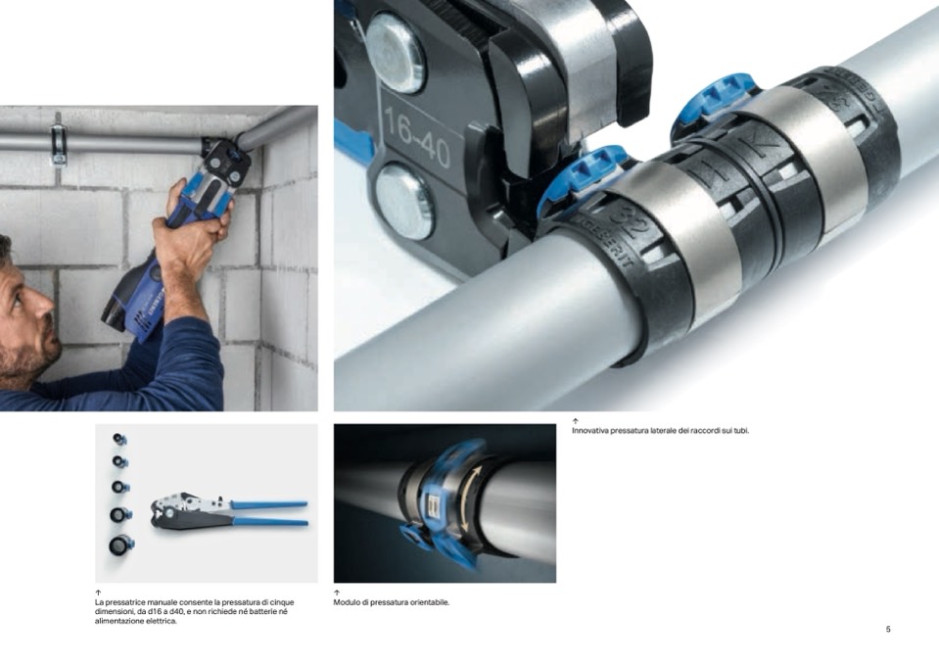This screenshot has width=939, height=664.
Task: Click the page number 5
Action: pos(888,630)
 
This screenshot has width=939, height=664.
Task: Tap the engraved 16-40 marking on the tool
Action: pos(417,137)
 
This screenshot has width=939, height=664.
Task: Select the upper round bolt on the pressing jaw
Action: pos(396,53)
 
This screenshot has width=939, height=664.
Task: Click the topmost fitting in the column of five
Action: pos(119,440)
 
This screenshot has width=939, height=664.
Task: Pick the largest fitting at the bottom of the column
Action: pos(121,545)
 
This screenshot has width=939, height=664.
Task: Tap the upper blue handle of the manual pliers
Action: pos(268,504)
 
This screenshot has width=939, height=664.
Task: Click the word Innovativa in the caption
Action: pos(589,431)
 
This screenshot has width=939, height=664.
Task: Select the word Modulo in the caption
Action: pos(347,602)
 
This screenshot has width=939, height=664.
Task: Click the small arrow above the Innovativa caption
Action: pos(576,421)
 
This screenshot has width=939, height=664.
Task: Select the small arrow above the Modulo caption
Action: pos(337,593)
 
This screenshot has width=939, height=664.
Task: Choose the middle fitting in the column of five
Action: pos(120,487)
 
